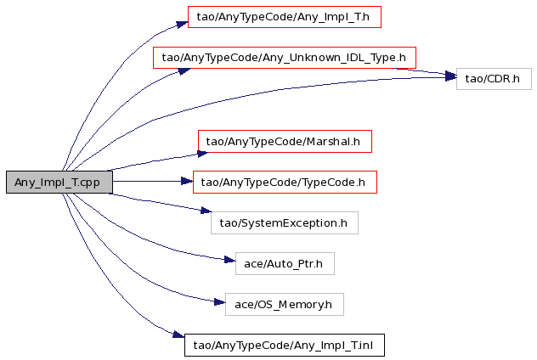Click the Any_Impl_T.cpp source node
(x=59, y=182)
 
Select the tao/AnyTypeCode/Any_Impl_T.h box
(x=285, y=17)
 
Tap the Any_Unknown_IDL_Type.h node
(x=285, y=58)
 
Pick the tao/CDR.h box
(x=494, y=79)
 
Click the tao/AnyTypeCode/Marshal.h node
(x=285, y=141)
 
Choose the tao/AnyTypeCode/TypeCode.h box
(x=285, y=182)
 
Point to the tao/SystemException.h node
(x=285, y=222)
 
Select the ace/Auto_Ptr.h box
(x=285, y=263)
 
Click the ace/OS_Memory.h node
(x=285, y=304)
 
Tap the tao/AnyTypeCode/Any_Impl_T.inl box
(x=285, y=345)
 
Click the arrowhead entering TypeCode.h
(x=187, y=181)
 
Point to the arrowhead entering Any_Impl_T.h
(x=182, y=24)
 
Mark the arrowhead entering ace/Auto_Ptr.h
(x=229, y=260)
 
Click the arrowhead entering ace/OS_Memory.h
(x=219, y=301)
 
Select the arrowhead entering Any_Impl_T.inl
(x=178, y=335)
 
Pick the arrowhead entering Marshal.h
(x=203, y=154)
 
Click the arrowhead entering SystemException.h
(x=206, y=211)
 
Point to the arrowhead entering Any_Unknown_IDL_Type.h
(x=184, y=71)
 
